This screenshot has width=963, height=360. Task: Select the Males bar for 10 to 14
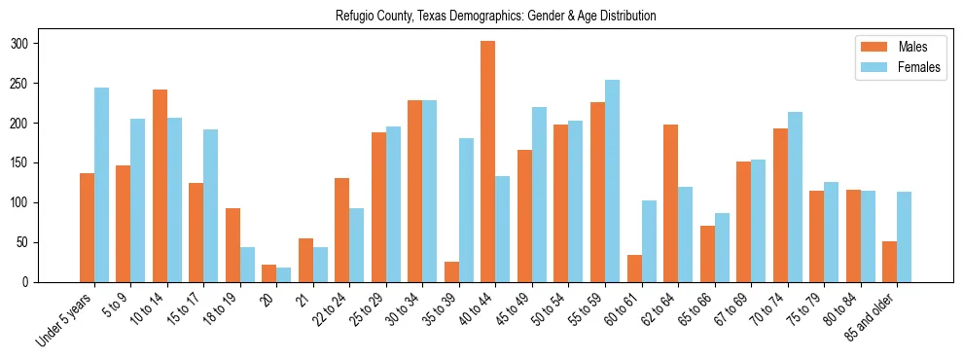[160, 186]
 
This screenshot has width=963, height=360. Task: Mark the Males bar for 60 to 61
[633, 269]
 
